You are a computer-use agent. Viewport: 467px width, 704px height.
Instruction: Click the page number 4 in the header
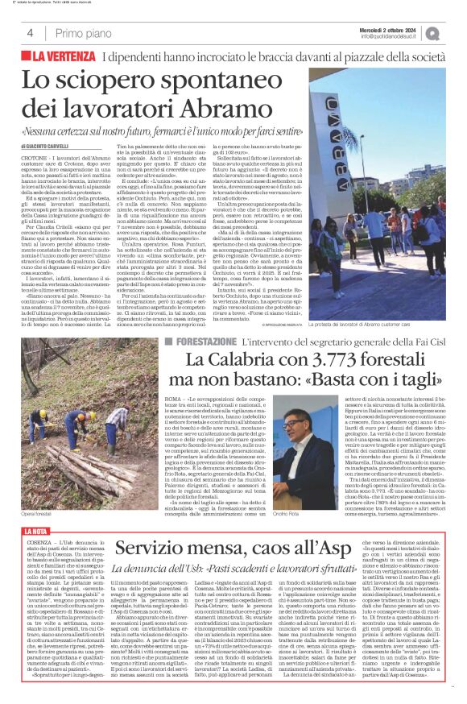pos(30,34)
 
